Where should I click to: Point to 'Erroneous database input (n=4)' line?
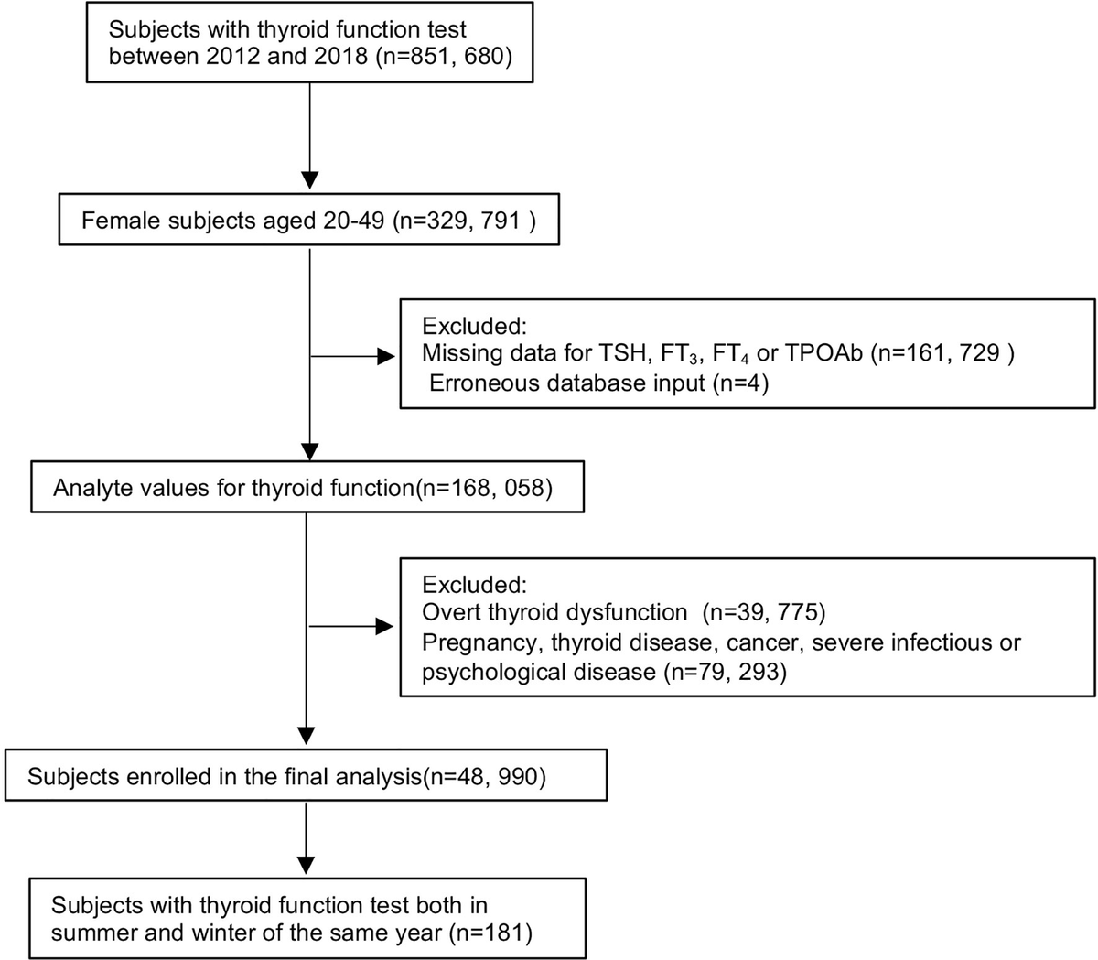point(599,383)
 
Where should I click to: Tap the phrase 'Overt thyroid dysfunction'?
point(554,612)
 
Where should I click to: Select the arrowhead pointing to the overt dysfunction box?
point(386,627)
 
